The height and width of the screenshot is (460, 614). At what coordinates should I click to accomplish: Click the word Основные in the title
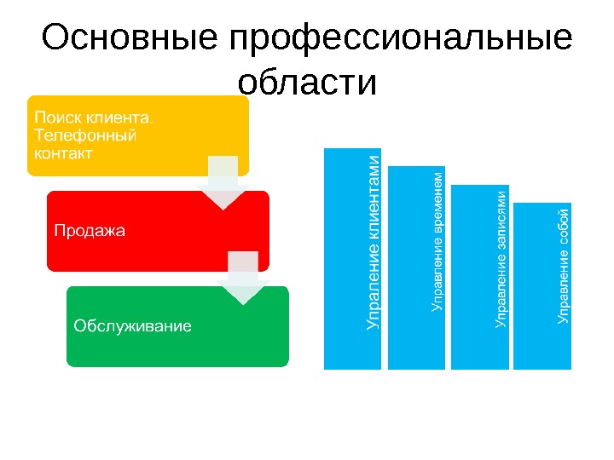pyautogui.click(x=128, y=39)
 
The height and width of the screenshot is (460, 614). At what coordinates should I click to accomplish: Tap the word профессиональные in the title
pyautogui.click(x=400, y=39)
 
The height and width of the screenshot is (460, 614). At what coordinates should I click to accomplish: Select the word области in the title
pyautogui.click(x=307, y=83)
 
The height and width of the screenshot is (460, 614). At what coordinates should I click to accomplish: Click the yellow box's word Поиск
pyautogui.click(x=52, y=115)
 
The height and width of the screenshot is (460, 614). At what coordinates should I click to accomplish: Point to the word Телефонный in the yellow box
pyautogui.click(x=83, y=135)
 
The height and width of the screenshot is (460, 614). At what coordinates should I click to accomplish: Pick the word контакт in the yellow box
pyautogui.click(x=62, y=153)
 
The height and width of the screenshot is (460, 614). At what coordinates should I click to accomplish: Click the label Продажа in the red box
pyautogui.click(x=89, y=230)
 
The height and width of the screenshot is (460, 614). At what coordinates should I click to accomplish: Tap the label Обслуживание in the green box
pyautogui.click(x=132, y=325)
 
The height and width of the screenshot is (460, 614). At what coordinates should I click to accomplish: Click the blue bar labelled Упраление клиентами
pyautogui.click(x=353, y=259)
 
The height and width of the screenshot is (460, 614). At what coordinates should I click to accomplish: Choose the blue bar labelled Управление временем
pyautogui.click(x=416, y=267)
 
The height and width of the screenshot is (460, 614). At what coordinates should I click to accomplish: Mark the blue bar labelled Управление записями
pyautogui.click(x=479, y=278)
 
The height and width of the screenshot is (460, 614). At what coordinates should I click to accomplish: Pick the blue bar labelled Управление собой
pyautogui.click(x=542, y=286)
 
